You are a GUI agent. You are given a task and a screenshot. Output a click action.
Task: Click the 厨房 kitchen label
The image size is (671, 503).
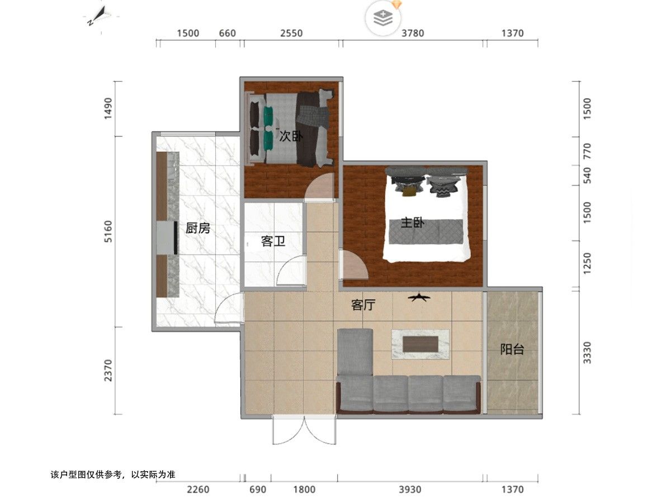tap(197, 228)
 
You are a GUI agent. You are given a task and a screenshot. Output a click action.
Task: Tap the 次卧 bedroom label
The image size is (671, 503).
tap(291, 136)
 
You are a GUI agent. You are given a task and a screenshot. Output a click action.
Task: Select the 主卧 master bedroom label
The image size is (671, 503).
tap(412, 222)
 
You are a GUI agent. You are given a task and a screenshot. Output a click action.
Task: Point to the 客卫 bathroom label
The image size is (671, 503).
tap(273, 241)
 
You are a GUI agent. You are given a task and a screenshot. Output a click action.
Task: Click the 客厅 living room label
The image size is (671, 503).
tap(363, 305)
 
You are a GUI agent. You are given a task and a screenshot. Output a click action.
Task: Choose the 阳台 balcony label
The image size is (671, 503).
tap(512, 349)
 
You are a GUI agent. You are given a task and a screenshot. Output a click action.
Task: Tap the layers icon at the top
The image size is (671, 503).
tap(382, 18)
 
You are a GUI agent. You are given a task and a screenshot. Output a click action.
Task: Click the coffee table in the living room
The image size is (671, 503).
tap(420, 344)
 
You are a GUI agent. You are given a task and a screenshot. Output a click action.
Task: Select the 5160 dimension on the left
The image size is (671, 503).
tap(108, 231)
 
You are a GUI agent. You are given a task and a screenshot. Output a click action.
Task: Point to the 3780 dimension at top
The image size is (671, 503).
tap(413, 33)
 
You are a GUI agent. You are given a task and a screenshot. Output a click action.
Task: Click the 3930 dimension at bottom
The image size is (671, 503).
tap(410, 490)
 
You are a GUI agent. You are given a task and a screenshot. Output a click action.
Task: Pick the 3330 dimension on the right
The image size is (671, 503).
tap(587, 353)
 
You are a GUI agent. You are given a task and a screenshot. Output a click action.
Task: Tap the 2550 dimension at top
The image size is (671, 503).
tap(291, 33)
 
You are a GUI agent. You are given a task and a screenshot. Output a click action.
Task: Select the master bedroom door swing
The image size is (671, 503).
tap(355, 264)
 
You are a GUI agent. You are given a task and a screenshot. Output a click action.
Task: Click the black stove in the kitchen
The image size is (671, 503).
tap(176, 238)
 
